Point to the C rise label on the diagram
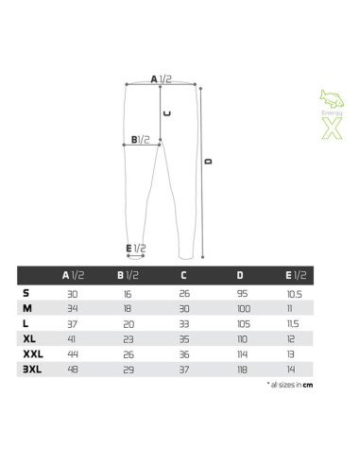click(167, 112)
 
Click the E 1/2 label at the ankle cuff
click(136, 249)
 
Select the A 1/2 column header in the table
click(73, 275)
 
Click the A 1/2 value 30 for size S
click(73, 294)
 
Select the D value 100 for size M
click(243, 308)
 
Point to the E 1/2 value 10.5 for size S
click(294, 294)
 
